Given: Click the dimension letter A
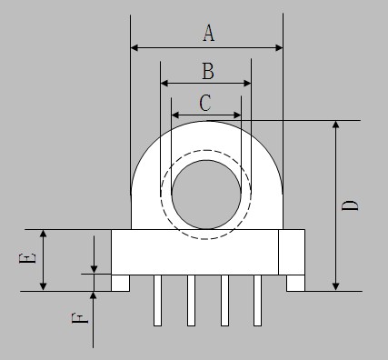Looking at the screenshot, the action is click(x=209, y=33).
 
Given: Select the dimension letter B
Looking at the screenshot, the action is click(x=208, y=71).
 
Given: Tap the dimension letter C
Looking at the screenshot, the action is click(x=205, y=103).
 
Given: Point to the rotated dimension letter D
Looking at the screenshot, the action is click(x=350, y=205).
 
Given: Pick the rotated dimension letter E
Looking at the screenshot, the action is click(x=27, y=258).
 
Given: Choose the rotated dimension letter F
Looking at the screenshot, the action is click(x=80, y=319).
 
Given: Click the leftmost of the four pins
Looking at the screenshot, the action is click(x=157, y=300).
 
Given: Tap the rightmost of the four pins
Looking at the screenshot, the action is click(x=257, y=300).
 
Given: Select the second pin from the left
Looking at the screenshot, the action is click(x=191, y=300).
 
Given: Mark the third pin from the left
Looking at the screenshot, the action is click(x=224, y=300).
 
